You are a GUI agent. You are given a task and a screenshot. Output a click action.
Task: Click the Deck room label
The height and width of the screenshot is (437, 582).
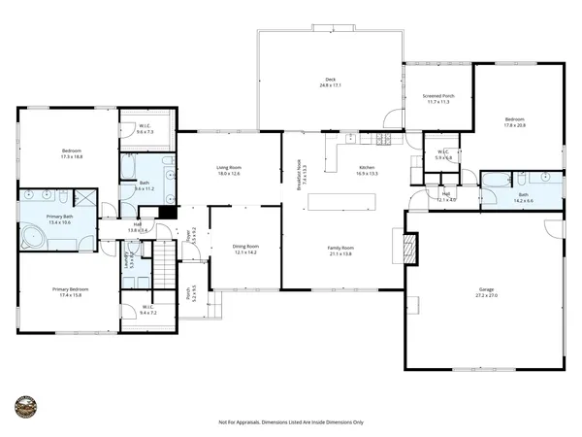[330, 80]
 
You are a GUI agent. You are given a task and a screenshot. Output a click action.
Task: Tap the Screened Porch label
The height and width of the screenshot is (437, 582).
[438, 96]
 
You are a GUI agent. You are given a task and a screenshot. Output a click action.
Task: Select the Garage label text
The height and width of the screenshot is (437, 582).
[485, 288]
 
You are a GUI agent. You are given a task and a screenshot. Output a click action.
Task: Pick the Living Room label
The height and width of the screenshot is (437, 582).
[228, 168]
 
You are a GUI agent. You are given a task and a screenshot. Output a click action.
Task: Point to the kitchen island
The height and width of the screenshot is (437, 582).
[341, 203]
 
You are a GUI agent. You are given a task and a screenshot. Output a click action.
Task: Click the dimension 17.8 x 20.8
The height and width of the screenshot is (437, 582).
[514, 125]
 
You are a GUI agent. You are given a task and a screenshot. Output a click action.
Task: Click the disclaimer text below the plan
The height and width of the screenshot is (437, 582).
[290, 421]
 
